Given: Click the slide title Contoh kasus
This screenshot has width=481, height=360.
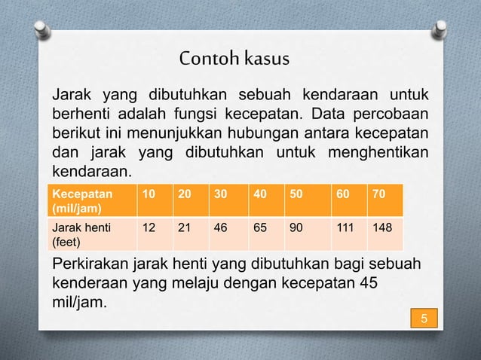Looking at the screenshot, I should point(234,59).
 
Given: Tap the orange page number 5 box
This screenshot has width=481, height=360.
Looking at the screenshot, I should point(424,319).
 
